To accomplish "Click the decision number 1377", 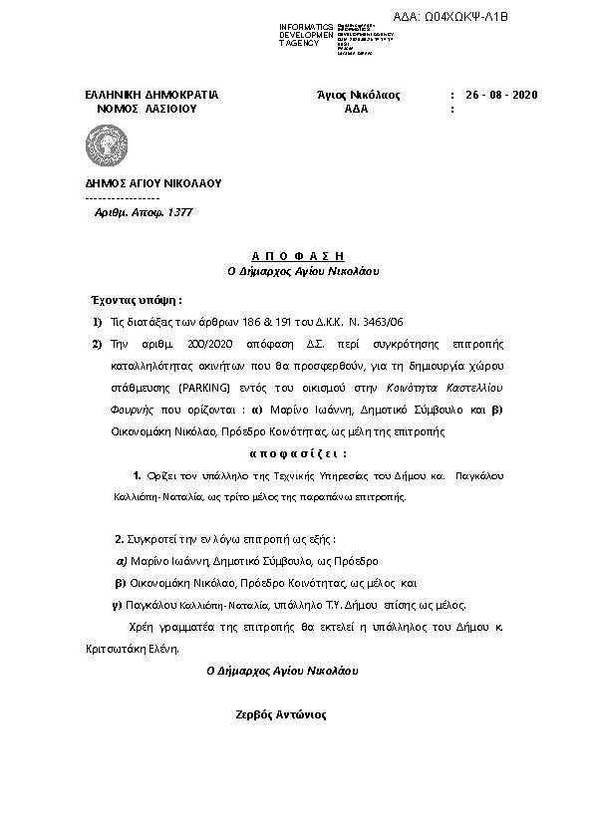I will (x=179, y=212).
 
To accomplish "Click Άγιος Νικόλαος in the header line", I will (x=357, y=95).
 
